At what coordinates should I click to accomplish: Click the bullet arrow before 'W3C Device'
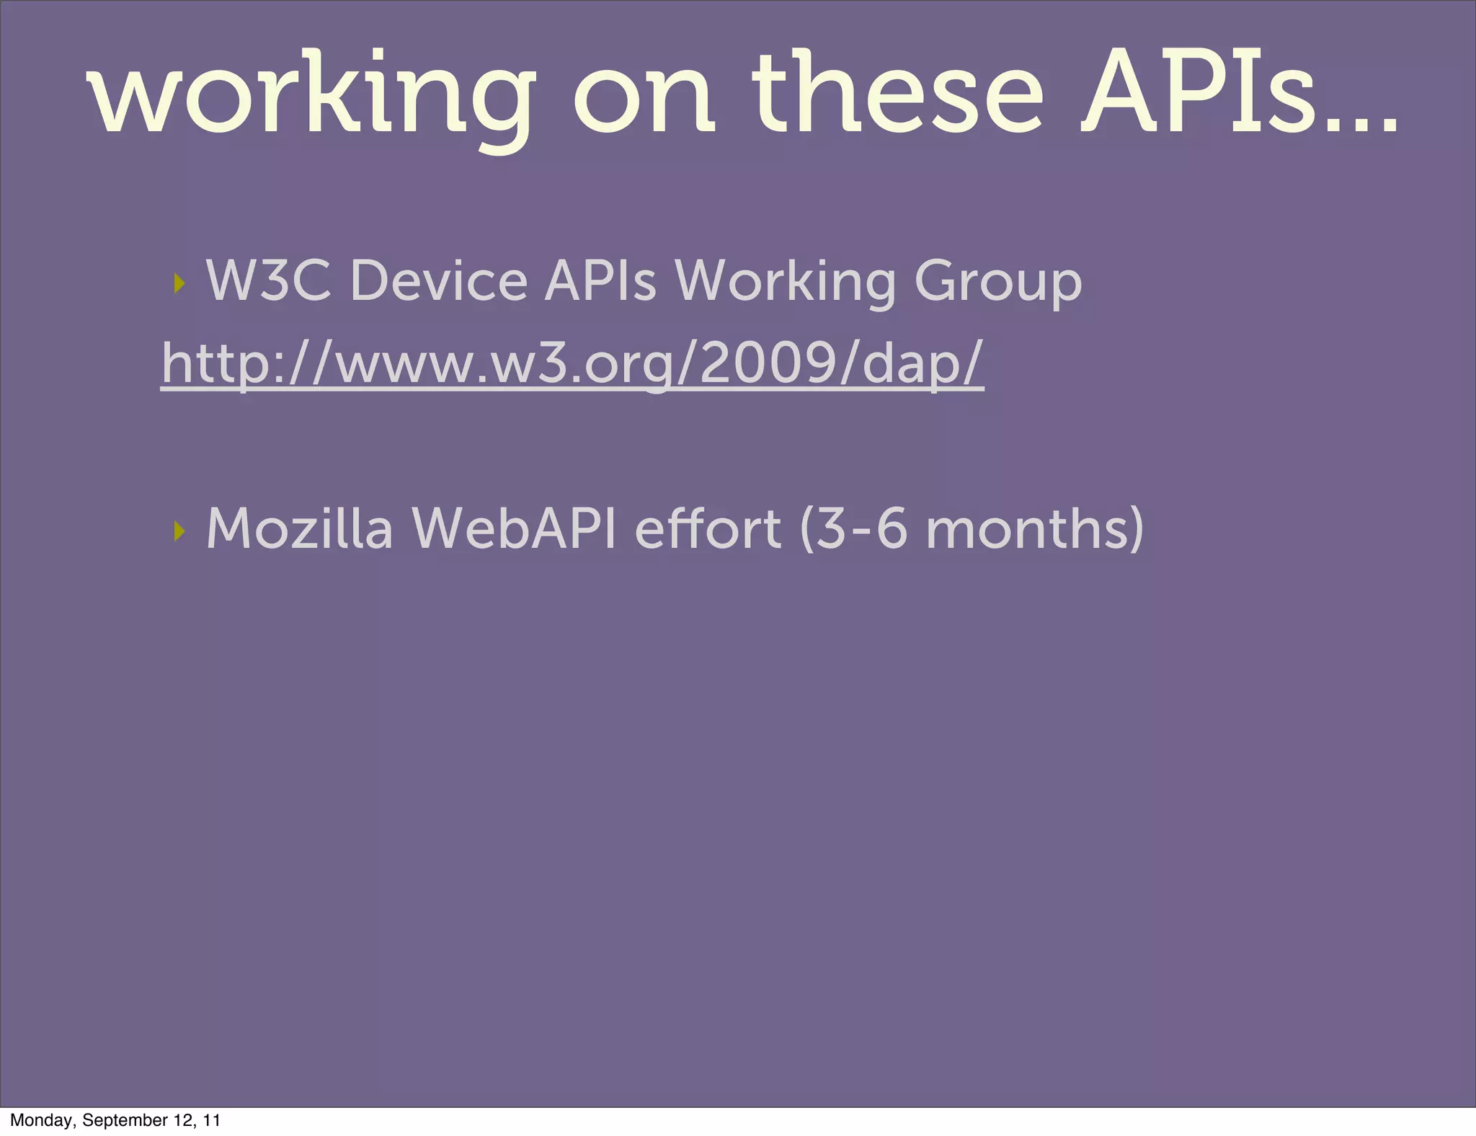[x=179, y=283]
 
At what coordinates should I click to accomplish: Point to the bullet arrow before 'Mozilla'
[x=179, y=531]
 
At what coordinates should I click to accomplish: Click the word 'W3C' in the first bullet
[x=269, y=280]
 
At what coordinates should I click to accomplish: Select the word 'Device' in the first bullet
[x=438, y=280]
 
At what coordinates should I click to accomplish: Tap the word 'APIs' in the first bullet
[x=600, y=280]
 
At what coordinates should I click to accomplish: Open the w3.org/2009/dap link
[x=572, y=364]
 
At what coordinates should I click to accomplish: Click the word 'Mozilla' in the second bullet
[x=299, y=528]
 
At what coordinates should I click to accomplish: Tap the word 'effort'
[x=707, y=528]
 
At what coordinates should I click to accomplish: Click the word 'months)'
[x=1034, y=530]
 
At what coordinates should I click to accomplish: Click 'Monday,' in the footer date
[x=41, y=1120]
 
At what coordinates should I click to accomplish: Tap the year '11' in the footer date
[x=210, y=1120]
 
